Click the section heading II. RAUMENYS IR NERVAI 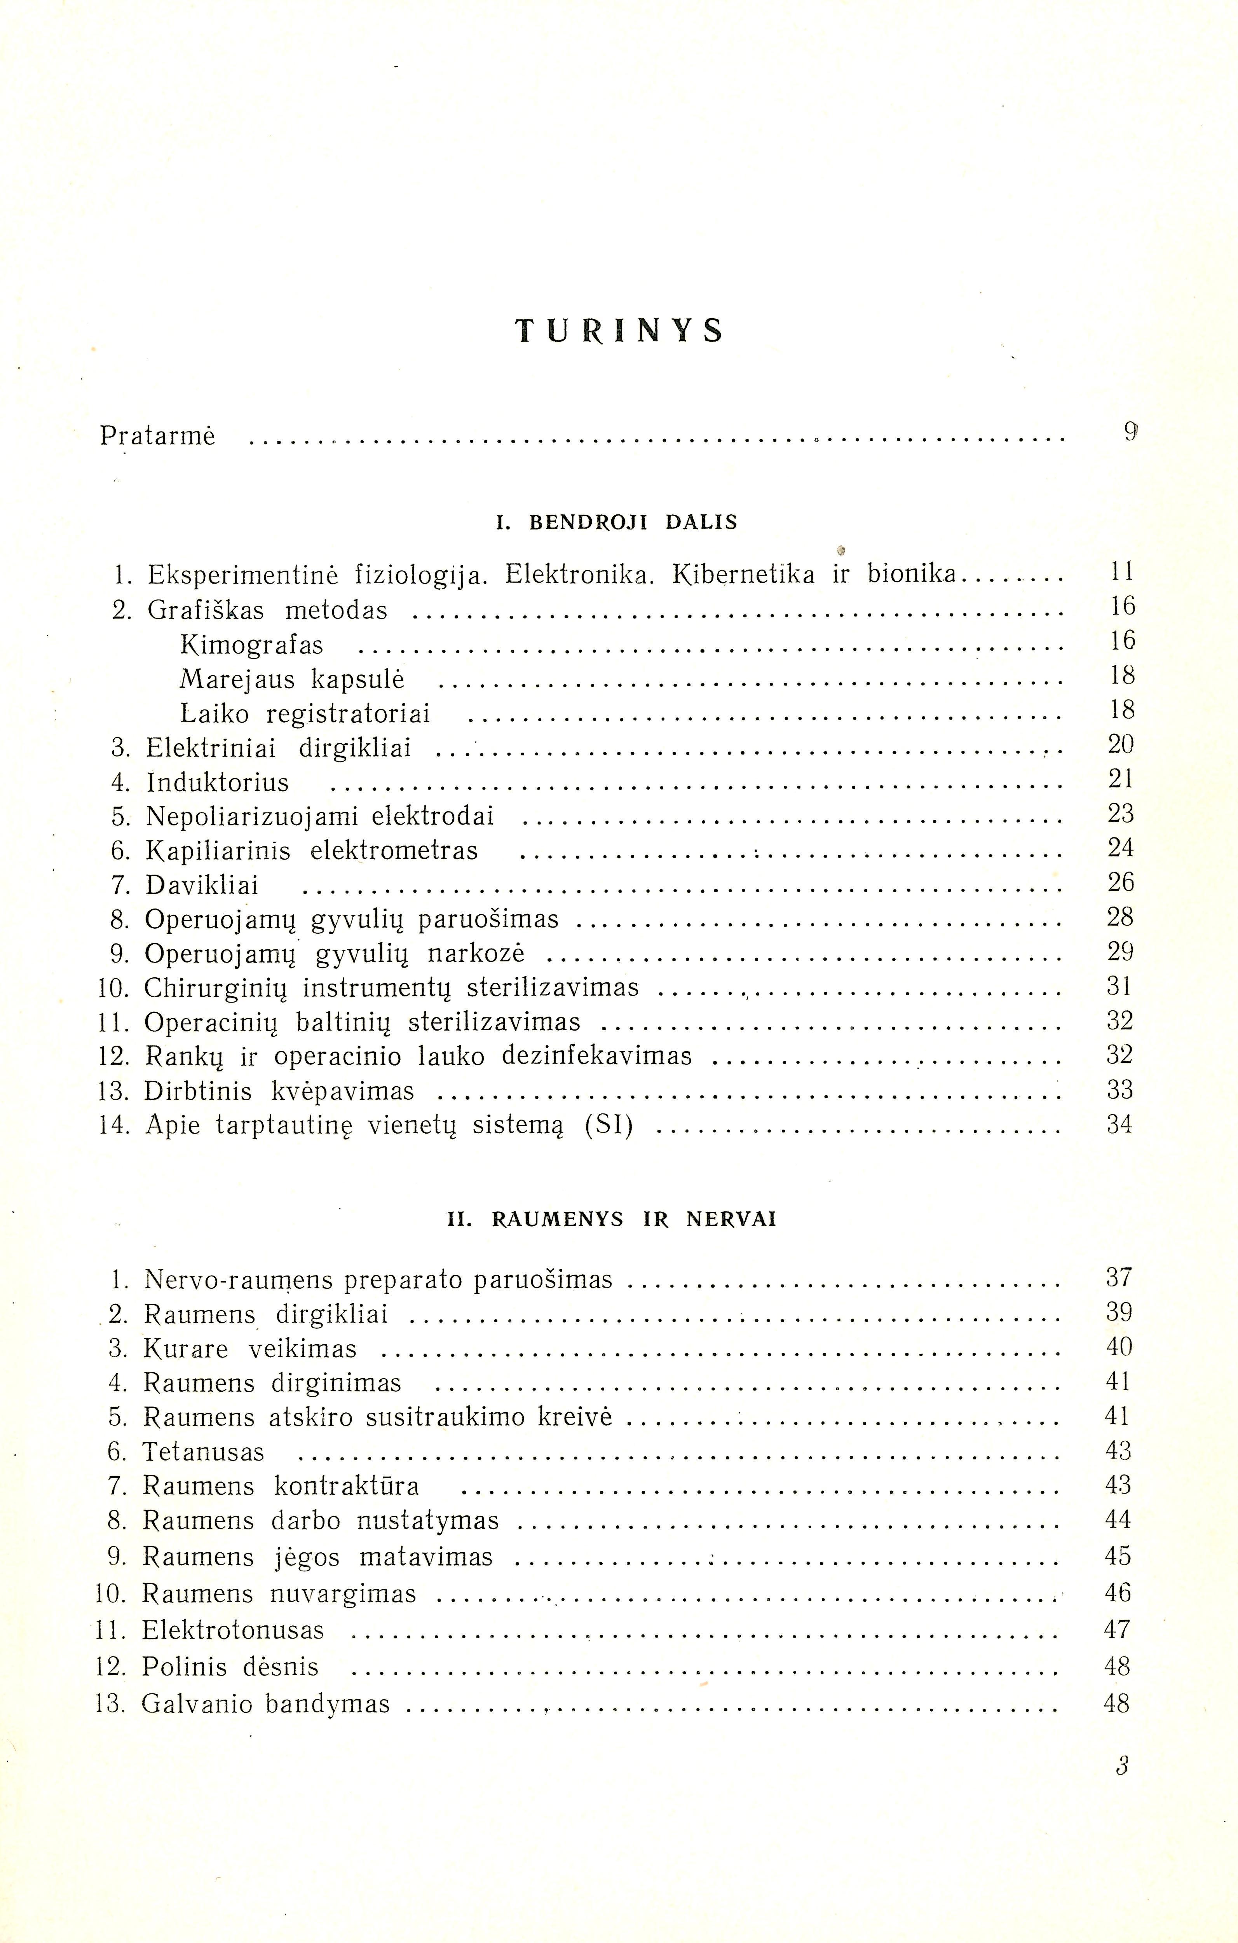point(611,1219)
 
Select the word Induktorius point(217,783)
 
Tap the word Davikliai point(202,886)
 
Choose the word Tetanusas point(203,1452)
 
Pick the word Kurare point(185,1349)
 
